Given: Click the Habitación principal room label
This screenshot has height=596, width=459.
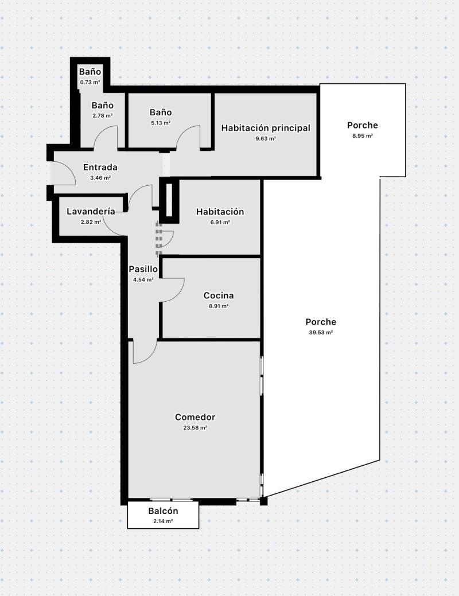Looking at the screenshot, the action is [x=266, y=128].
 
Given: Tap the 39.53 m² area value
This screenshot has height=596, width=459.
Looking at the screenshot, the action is [x=321, y=333].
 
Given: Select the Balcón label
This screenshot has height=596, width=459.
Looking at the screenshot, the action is [x=163, y=511].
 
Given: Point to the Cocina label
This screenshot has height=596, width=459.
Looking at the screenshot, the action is [x=219, y=295].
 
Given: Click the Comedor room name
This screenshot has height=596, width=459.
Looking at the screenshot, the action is [x=195, y=417].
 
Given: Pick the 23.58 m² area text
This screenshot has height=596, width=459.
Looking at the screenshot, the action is [x=195, y=427].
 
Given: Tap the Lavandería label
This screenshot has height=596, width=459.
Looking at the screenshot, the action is [x=91, y=211].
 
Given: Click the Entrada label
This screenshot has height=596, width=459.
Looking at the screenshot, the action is [x=100, y=167].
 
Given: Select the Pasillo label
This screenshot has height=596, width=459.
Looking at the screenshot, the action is [x=143, y=269].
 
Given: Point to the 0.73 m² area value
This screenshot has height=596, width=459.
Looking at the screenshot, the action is [x=90, y=82].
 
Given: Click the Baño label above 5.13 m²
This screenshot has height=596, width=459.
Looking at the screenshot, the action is [x=161, y=112].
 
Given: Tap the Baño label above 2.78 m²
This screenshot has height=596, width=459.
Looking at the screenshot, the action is [x=102, y=106].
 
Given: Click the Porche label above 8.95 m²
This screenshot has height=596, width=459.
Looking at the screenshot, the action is [x=363, y=125].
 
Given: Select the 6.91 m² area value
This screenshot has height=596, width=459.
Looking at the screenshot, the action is [x=220, y=223].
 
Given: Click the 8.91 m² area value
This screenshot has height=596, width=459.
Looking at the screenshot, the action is [x=219, y=306].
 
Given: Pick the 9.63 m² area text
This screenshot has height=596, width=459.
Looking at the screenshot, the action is [x=266, y=139].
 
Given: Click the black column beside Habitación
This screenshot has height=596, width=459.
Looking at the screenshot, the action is [x=169, y=201].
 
